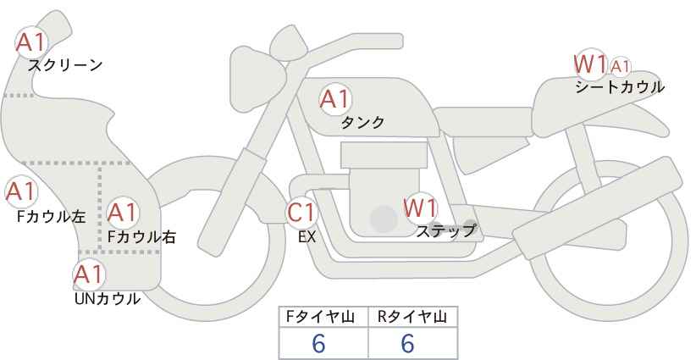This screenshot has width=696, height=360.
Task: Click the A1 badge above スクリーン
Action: [31, 43]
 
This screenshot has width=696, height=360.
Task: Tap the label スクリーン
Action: [65, 66]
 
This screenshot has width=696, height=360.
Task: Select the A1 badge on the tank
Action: [335, 99]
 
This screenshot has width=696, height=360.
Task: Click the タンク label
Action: [362, 123]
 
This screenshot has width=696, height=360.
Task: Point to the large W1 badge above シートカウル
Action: [589, 65]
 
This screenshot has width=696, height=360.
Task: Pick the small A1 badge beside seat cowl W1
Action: [620, 67]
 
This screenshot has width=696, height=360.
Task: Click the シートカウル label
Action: [620, 87]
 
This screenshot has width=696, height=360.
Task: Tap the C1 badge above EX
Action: [301, 213]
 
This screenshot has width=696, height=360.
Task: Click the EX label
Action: [307, 237]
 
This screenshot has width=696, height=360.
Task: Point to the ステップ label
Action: [445, 231]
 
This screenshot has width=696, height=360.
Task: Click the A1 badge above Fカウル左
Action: [20, 192]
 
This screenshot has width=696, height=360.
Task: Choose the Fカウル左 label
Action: [51, 216]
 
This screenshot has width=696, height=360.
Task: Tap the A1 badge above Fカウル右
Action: [123, 213]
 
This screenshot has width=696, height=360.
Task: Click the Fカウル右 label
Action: [142, 237]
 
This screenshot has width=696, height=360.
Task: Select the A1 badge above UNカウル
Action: [89, 274]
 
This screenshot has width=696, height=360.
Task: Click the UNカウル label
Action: [108, 299]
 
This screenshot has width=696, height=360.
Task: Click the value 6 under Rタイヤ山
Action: [407, 343]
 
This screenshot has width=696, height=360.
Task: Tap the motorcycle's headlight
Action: [257, 80]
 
